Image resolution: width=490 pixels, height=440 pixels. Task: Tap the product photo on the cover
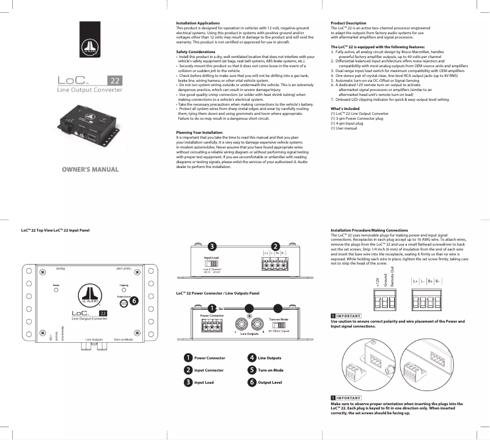88,127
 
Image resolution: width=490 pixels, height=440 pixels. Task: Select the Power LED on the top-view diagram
56,290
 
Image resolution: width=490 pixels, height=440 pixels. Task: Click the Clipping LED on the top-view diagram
123,290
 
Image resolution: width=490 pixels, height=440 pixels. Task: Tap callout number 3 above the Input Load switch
211,246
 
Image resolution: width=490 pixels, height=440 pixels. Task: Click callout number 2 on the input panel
276,246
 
